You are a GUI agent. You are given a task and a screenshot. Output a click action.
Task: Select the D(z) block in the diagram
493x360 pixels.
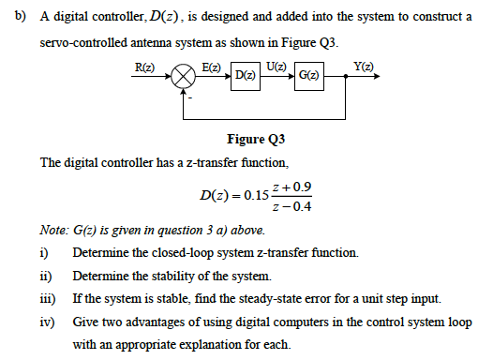[x=242, y=74]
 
